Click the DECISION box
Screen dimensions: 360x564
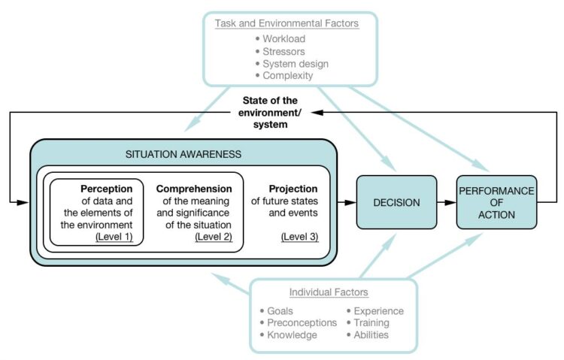396,202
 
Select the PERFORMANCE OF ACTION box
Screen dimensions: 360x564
496,202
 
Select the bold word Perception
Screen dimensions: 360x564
107,189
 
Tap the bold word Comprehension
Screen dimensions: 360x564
194,189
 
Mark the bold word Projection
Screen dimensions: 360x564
293,189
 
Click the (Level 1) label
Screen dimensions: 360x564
114,237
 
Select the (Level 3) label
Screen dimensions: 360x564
299,237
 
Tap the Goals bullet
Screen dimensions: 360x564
280,310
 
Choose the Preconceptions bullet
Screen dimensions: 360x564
302,322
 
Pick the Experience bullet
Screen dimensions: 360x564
378,310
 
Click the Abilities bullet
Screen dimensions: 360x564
371,334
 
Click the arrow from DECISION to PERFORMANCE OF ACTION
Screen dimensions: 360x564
446,203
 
